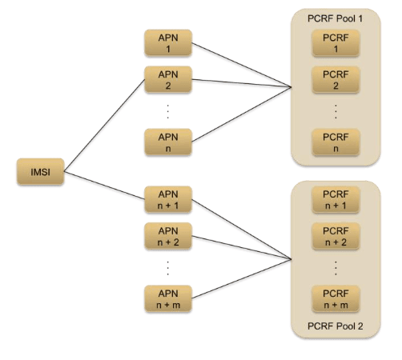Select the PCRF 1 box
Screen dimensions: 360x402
pos(336,45)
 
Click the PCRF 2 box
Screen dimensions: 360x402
pos(336,80)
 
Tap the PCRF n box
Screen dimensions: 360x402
pos(336,142)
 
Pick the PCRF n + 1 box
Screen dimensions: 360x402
pos(336,201)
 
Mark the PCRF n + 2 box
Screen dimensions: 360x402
pos(336,236)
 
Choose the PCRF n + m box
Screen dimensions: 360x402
pos(336,298)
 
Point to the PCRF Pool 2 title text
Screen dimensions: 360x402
pos(336,327)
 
